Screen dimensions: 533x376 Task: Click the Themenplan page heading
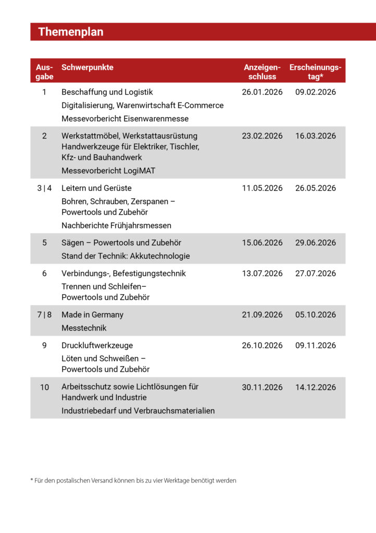click(71, 32)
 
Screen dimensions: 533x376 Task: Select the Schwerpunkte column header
click(87, 68)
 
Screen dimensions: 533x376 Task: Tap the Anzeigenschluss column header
click(262, 72)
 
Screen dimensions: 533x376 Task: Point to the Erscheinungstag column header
click(316, 72)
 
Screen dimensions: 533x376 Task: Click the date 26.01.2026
click(262, 92)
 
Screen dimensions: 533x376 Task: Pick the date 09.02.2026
click(316, 92)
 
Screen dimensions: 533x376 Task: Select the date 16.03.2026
click(316, 136)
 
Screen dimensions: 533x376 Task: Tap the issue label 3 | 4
click(44, 188)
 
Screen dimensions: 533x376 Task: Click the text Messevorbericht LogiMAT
click(108, 171)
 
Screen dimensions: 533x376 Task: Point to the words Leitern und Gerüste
click(96, 188)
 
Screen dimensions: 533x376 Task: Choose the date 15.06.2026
click(262, 243)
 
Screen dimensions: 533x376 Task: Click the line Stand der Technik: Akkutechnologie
click(126, 256)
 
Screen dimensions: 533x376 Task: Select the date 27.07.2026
click(316, 273)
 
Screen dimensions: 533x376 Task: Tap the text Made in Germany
click(92, 315)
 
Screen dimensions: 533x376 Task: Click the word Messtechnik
click(84, 328)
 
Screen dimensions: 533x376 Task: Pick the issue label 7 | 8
click(44, 315)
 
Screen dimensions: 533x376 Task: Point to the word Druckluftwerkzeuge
click(97, 346)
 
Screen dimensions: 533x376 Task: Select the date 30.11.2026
click(262, 387)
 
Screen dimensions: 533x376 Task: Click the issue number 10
click(44, 387)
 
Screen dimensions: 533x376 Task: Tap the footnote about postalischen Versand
click(133, 480)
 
